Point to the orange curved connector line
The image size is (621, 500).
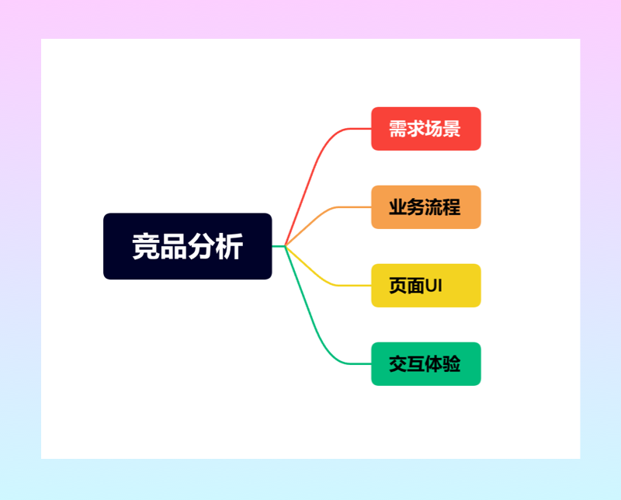[319, 217]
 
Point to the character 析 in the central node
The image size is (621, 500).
[231, 247]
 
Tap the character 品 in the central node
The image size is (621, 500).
[173, 247]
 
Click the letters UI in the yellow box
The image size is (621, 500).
[434, 286]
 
